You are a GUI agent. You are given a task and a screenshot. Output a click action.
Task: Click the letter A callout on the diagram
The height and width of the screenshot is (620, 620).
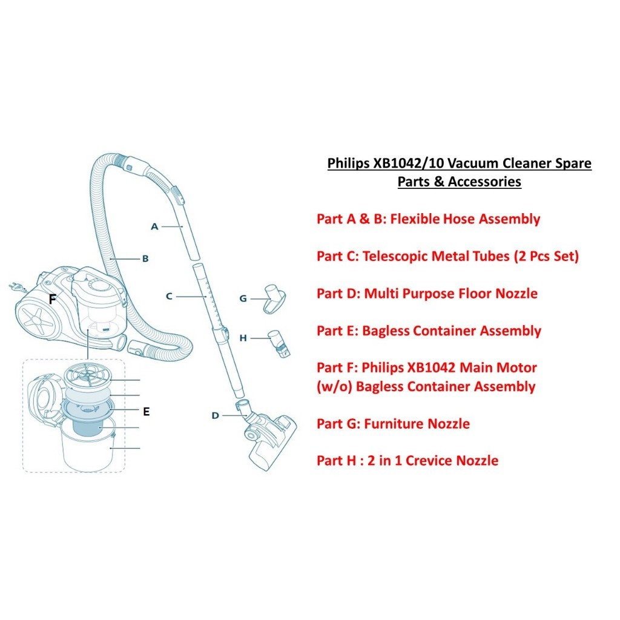click(154, 226)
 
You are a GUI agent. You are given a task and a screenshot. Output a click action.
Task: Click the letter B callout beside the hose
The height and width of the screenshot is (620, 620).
click(145, 259)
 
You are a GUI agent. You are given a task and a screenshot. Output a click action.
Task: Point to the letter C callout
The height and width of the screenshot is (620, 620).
click(169, 296)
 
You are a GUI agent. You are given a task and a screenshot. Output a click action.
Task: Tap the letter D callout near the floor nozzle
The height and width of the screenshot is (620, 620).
click(215, 415)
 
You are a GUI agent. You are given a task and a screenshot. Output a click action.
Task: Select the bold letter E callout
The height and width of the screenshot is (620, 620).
click(146, 412)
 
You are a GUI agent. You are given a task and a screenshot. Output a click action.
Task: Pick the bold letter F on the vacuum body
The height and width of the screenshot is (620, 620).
click(53, 298)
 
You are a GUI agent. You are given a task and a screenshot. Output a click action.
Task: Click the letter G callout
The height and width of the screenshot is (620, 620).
click(243, 298)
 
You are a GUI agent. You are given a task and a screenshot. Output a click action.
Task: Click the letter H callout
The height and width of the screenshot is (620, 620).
click(243, 338)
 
